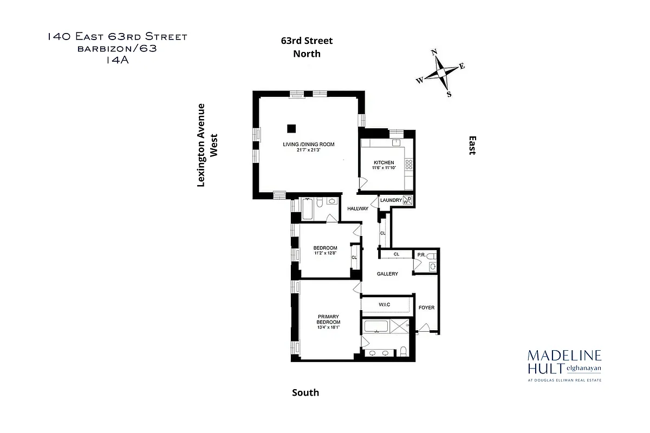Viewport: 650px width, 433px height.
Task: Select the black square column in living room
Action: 291,128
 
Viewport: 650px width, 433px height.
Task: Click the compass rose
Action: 441,73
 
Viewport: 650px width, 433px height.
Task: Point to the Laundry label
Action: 391,200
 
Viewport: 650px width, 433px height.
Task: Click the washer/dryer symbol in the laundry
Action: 408,201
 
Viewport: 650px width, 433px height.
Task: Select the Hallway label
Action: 357,208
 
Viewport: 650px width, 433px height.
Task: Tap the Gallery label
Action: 387,274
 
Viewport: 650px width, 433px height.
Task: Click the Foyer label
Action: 426,307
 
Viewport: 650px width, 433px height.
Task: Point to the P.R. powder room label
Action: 420,255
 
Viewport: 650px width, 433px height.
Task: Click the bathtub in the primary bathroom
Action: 376,327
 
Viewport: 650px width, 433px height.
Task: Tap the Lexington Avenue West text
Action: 207,145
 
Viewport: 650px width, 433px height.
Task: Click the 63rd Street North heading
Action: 307,47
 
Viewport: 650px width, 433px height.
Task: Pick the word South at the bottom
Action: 305,392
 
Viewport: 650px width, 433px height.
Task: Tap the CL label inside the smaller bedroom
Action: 354,258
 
